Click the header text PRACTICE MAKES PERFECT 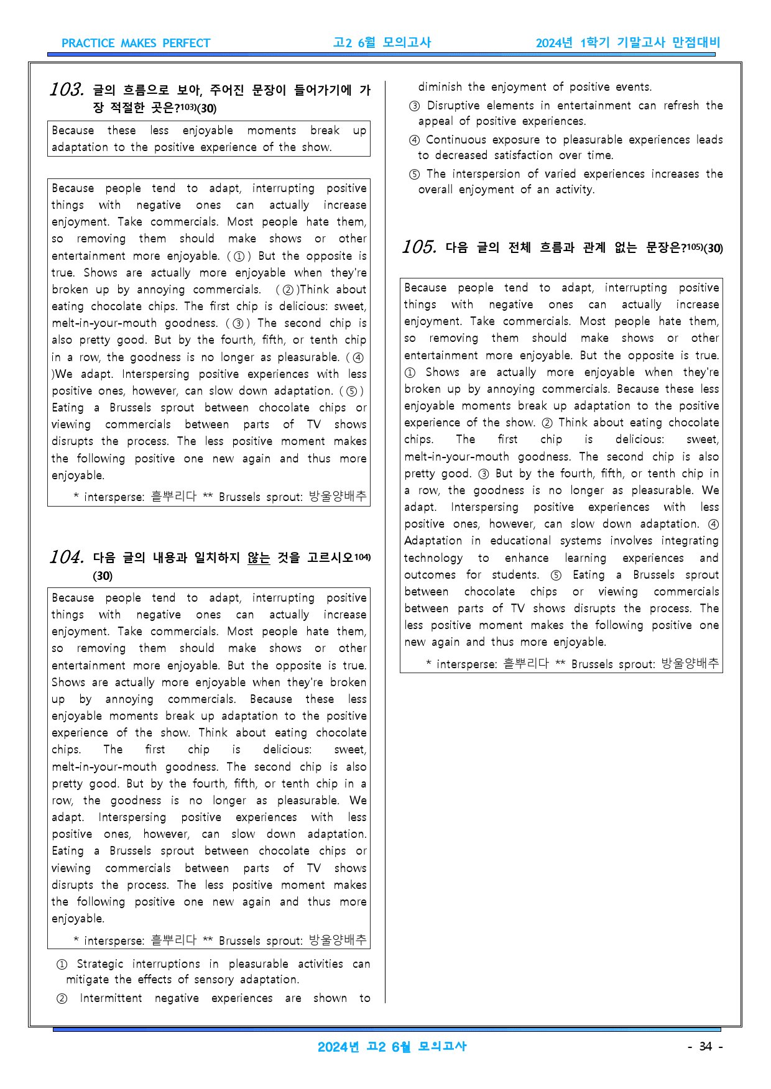coord(136,44)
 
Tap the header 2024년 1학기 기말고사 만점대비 coord(627,43)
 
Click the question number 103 coord(67,90)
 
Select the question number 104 coord(67,558)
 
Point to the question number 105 coord(419,247)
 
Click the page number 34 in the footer coord(705,1047)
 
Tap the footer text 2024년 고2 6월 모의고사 coord(392,1047)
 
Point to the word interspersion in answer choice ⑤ coord(486,174)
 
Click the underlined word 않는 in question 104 coord(259,558)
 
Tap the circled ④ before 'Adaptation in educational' coord(713,525)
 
